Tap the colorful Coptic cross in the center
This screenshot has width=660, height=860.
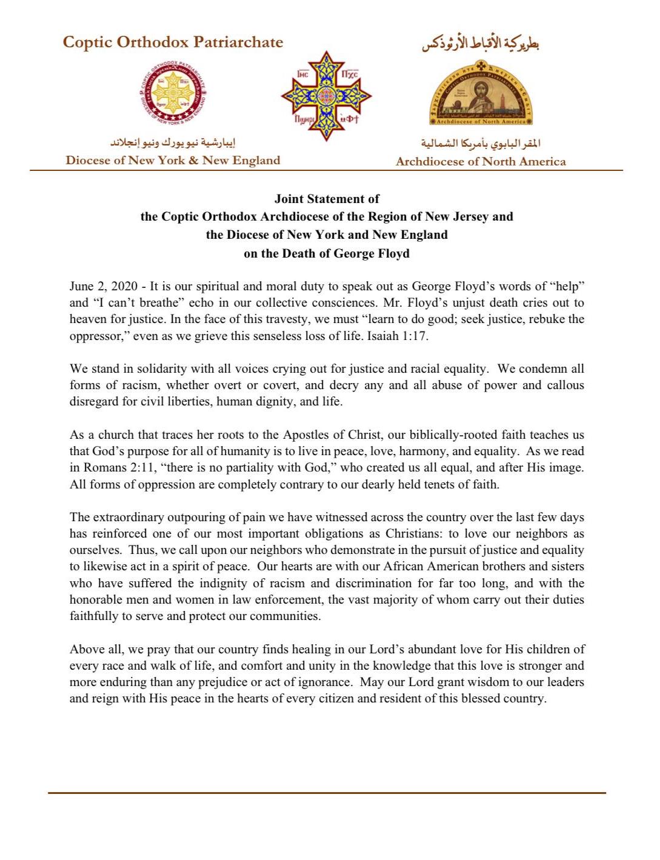(x=326, y=96)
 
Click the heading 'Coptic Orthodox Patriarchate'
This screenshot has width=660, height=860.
(x=173, y=42)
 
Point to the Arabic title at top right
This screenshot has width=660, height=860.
(x=481, y=44)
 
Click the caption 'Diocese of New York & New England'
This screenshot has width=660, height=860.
(x=173, y=161)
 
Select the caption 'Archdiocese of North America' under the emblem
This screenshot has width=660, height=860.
(x=481, y=162)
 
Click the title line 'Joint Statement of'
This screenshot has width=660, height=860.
(x=327, y=199)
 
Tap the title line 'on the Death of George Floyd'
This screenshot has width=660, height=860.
(x=327, y=253)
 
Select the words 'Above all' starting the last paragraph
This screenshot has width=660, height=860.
(x=96, y=650)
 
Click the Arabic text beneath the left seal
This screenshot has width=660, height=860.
(x=173, y=143)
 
